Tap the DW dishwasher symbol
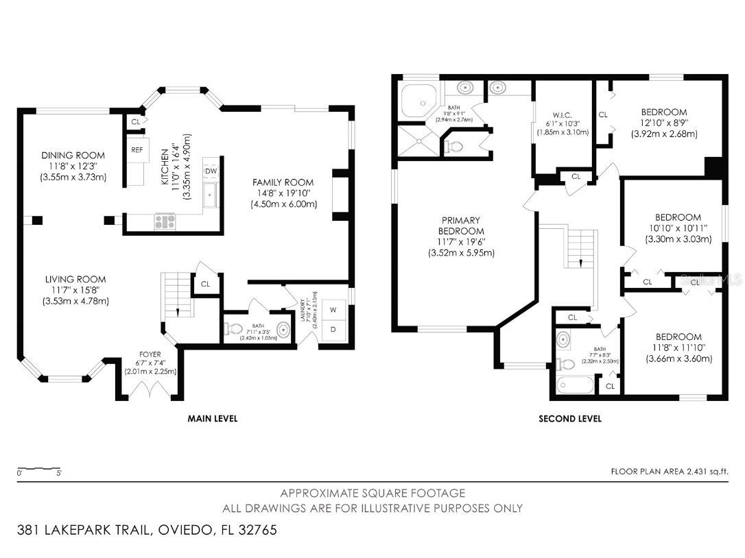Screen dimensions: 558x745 coord(211,171)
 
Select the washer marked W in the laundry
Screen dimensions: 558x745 coord(333,310)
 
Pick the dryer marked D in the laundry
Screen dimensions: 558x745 coord(333,330)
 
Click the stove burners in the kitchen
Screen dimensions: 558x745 coord(165,221)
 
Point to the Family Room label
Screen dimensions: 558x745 coord(283,182)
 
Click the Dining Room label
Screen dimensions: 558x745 coord(73,156)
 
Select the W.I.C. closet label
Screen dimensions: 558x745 coord(562,114)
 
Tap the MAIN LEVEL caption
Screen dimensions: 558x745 coord(212,418)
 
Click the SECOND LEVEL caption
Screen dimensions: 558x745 coord(570,418)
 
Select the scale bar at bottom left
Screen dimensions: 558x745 coord(40,470)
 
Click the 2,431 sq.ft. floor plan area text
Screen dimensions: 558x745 coord(669,471)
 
